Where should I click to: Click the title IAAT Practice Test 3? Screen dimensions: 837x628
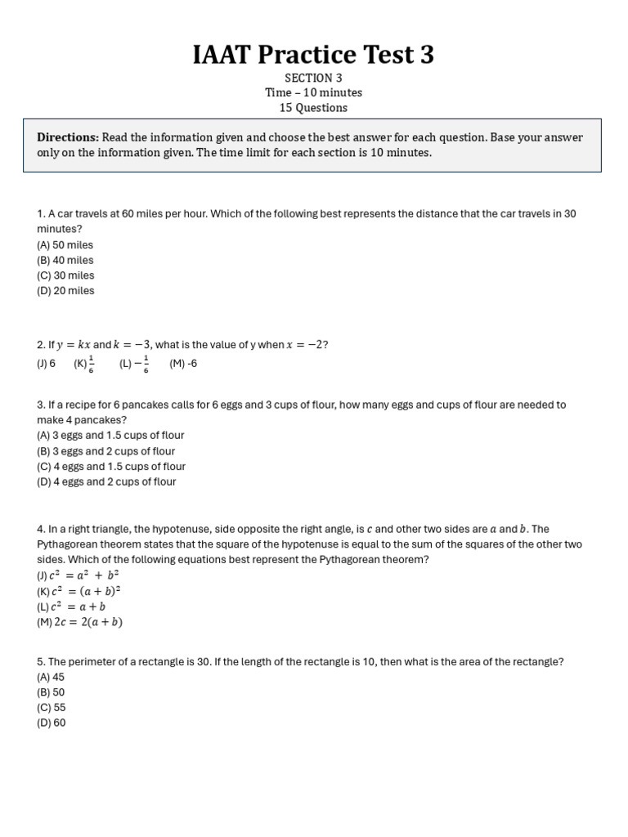(x=313, y=55)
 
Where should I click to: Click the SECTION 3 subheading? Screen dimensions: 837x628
(x=313, y=78)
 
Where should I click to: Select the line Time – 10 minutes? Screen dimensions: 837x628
(x=313, y=92)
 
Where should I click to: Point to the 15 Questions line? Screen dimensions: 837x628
(x=313, y=108)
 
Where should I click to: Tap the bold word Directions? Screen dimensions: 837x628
(x=68, y=137)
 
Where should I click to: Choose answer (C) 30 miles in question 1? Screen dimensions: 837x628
(x=65, y=275)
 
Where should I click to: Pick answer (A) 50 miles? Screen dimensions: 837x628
(x=65, y=244)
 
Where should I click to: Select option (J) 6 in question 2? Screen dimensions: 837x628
(x=46, y=364)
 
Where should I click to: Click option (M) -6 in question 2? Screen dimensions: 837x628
(x=183, y=364)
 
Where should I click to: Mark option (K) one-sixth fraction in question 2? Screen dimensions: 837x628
(x=84, y=364)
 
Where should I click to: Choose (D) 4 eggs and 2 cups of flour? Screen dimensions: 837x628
(x=106, y=481)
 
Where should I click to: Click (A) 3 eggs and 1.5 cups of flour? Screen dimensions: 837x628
(x=110, y=436)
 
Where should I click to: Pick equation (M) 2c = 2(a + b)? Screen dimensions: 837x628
(x=80, y=622)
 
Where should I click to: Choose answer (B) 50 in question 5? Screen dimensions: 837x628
(x=51, y=692)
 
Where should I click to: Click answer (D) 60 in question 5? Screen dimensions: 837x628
(x=51, y=723)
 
